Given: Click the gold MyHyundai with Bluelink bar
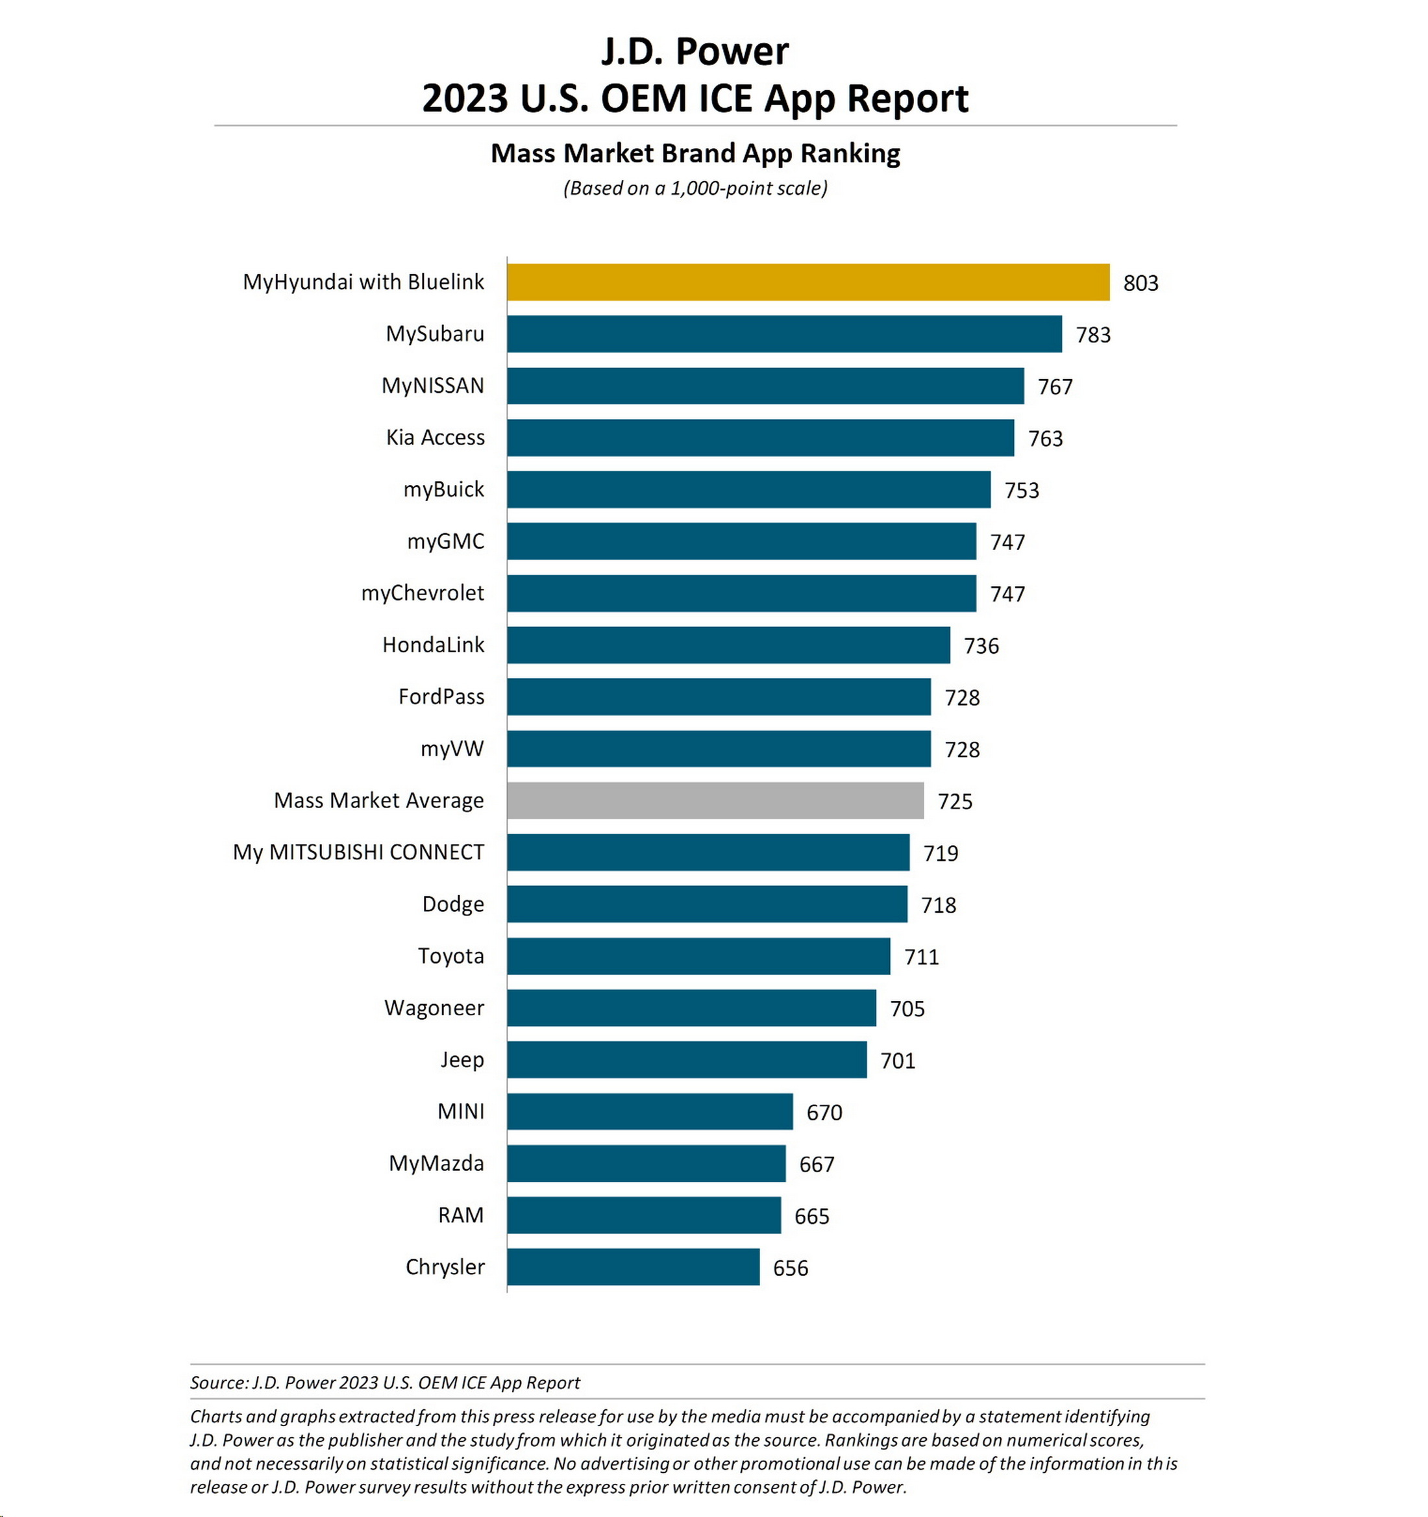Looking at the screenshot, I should [x=807, y=282].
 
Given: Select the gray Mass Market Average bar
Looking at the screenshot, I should [x=715, y=800].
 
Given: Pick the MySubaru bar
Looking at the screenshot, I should [x=784, y=334].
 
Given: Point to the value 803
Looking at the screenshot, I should [x=1140, y=283].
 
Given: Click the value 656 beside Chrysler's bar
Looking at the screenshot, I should [x=790, y=1268].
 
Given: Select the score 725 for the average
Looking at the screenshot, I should [x=955, y=801].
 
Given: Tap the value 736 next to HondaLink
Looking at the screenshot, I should [x=981, y=647].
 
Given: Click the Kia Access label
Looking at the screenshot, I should [x=435, y=438].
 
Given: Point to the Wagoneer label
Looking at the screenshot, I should [x=434, y=1008].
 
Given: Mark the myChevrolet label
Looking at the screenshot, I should [x=422, y=593].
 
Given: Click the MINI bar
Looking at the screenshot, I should [x=650, y=1112].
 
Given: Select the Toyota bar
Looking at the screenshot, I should [x=698, y=956].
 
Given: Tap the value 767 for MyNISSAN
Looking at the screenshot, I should [x=1055, y=387].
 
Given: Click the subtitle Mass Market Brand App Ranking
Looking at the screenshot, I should [x=695, y=153].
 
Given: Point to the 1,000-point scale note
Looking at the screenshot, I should [x=695, y=188].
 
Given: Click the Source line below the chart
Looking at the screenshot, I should [x=385, y=1383].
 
